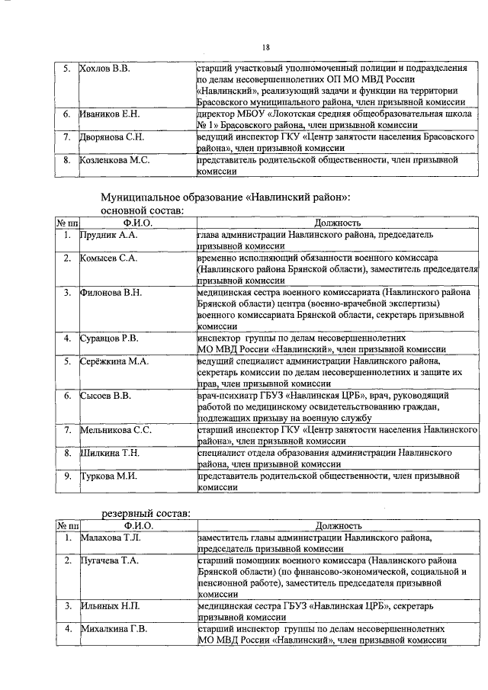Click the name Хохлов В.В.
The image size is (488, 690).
click(105, 69)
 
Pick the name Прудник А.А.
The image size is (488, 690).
click(109, 236)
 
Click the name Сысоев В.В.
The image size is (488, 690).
click(106, 396)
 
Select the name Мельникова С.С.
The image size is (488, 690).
click(116, 430)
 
